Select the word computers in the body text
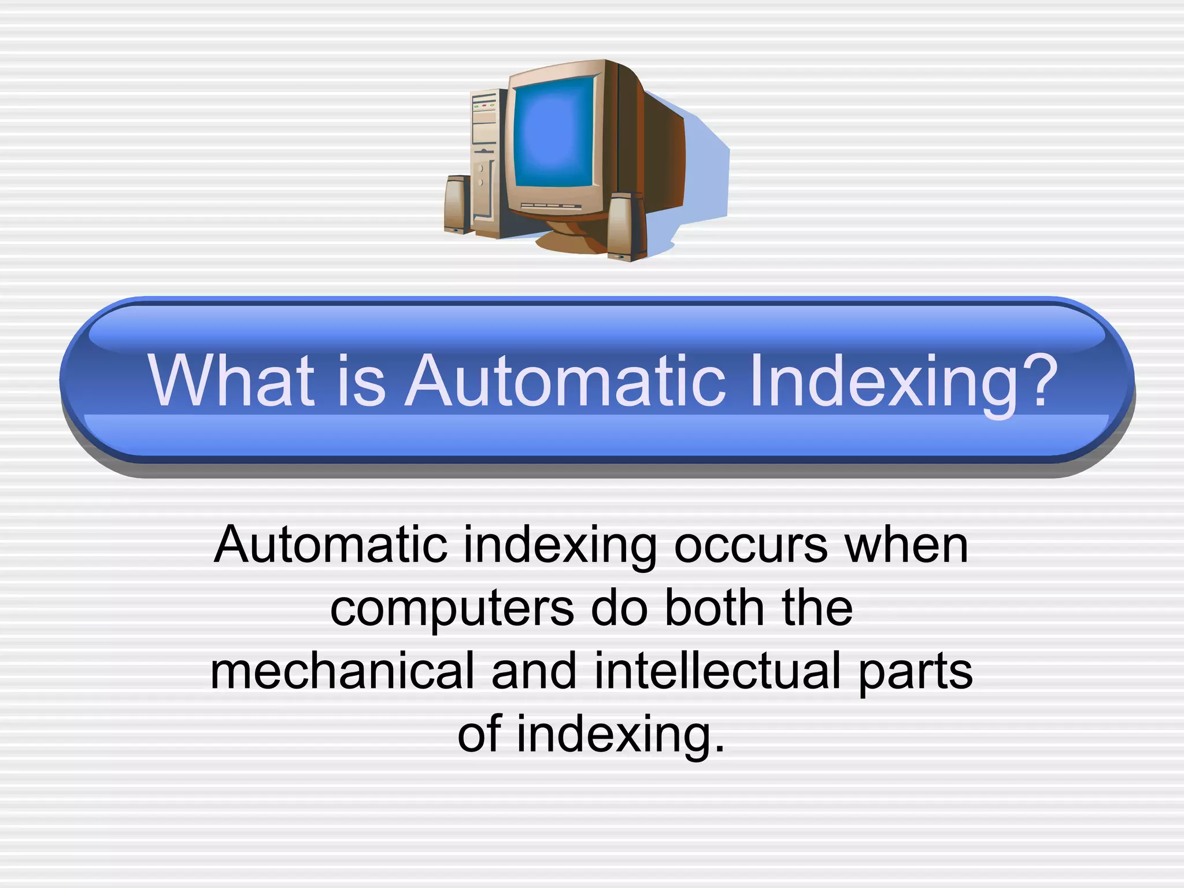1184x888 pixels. (x=452, y=610)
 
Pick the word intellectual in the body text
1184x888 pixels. (x=717, y=671)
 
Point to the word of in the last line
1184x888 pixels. (x=479, y=734)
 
